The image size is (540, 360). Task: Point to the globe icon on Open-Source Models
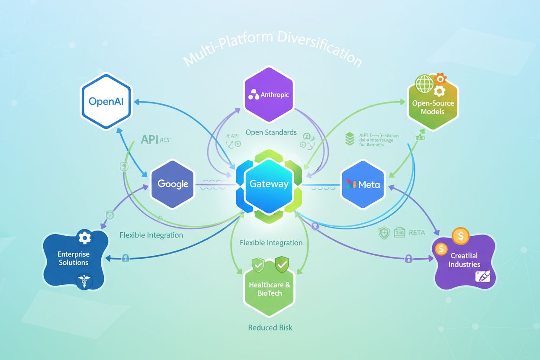coord(424,84)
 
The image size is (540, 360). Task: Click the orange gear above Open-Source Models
coord(440,79)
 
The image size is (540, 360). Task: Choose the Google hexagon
coord(173,184)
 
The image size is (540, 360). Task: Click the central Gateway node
coord(269,184)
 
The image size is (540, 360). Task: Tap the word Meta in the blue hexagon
coord(369,185)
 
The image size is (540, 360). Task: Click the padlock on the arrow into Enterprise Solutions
coord(125,258)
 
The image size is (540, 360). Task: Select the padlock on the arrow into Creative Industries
coord(408,259)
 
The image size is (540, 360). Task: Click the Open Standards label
coord(271,132)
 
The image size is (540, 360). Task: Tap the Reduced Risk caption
coord(270,328)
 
